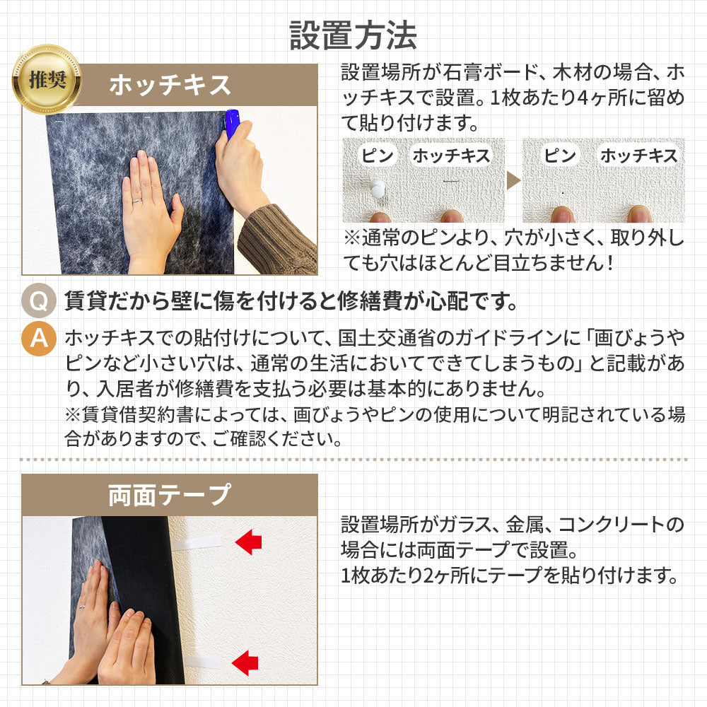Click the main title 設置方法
pos(353,35)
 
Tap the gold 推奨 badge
pos(47,79)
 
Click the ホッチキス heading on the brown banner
pos(170,85)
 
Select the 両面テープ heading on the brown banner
pos(170,495)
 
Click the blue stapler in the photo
pos(231,124)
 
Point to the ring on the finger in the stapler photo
pos(138,201)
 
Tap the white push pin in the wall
pos(377,189)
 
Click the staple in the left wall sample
pos(451,182)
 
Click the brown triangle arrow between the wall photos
pos(513,180)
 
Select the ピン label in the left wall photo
pos(378,156)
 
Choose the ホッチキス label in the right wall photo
pos(639,156)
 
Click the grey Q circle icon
pos(39,300)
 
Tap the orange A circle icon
pos(39,338)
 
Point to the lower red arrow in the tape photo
pos(245,663)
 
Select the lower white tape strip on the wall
pos(202,662)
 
